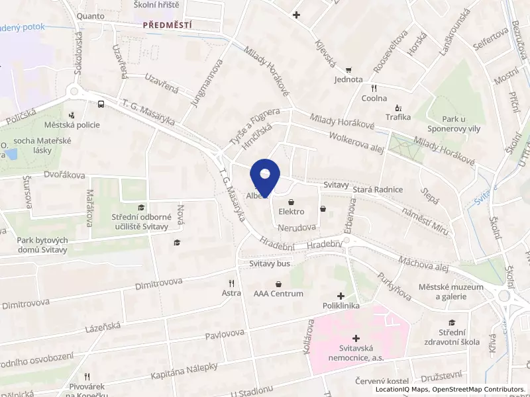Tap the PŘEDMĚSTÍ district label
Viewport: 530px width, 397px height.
(x=168, y=24)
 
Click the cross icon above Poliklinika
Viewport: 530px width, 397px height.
(x=341, y=296)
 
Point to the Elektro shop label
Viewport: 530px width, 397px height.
(x=291, y=212)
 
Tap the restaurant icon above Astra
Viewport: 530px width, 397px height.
(x=231, y=282)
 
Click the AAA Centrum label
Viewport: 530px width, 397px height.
(x=278, y=294)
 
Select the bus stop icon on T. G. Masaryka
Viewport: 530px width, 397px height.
(x=101, y=104)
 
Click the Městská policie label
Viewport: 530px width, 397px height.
(x=72, y=124)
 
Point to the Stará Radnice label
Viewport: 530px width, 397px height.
(x=378, y=190)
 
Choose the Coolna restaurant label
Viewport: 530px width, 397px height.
(x=374, y=98)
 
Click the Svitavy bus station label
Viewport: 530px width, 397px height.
(x=270, y=263)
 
